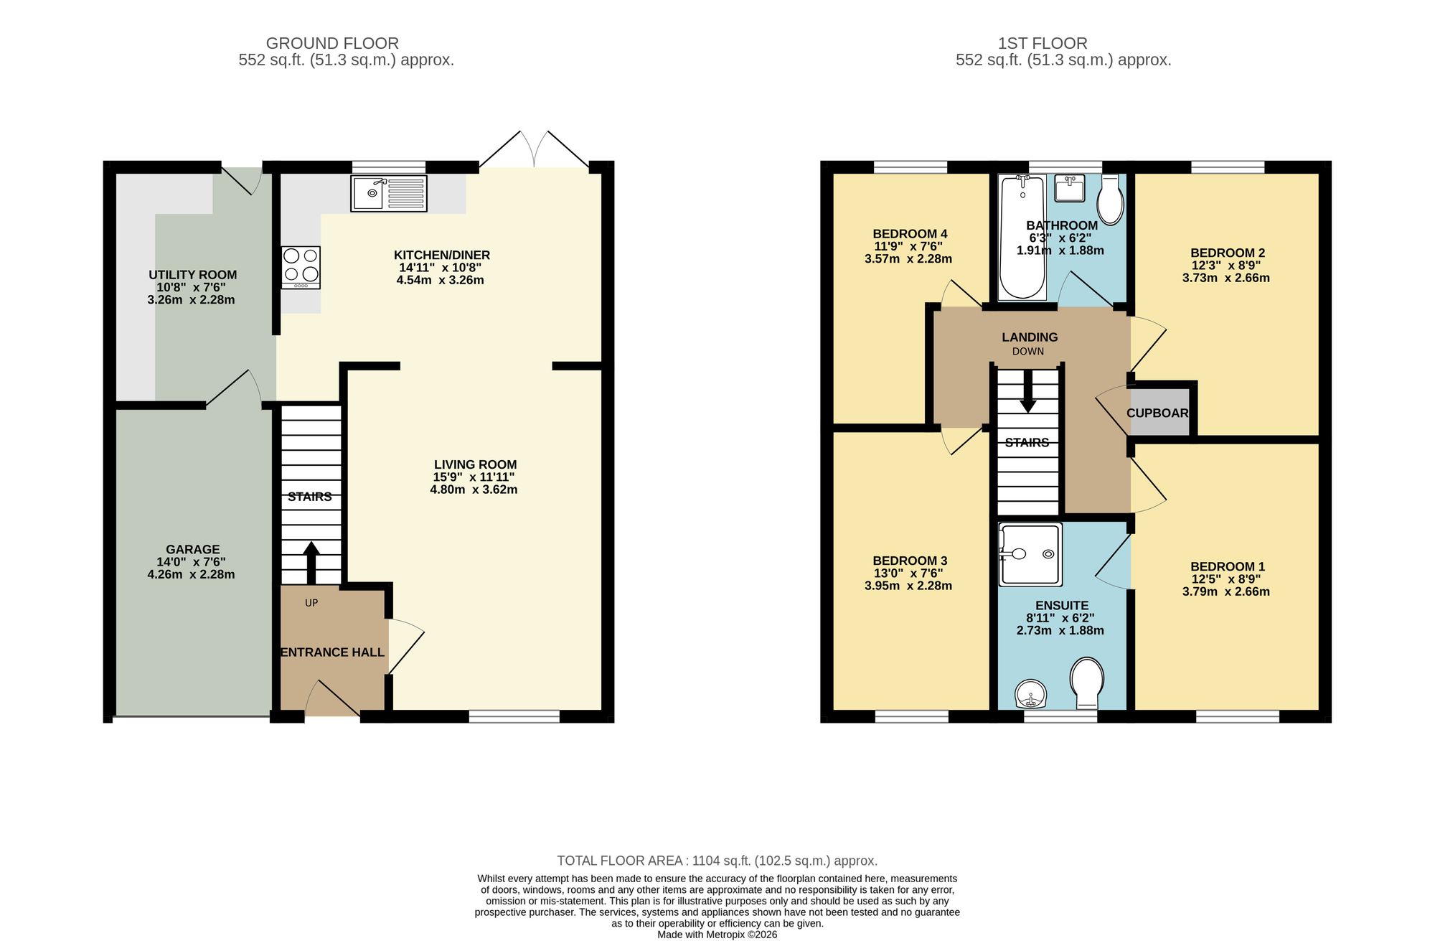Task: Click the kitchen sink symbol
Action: pyautogui.click(x=389, y=193)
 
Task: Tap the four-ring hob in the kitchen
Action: pyautogui.click(x=301, y=266)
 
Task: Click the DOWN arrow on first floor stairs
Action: pyautogui.click(x=1028, y=392)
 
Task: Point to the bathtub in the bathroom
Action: pyautogui.click(x=1022, y=237)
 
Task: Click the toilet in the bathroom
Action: pyautogui.click(x=1111, y=200)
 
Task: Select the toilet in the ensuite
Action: pyautogui.click(x=1086, y=682)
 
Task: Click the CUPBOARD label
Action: pyautogui.click(x=1157, y=413)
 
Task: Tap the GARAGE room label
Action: pyautogui.click(x=192, y=549)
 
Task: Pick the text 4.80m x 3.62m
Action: pyautogui.click(x=474, y=490)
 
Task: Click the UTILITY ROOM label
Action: pyautogui.click(x=192, y=274)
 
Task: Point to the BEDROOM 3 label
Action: pyautogui.click(x=909, y=561)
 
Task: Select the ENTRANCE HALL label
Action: pyautogui.click(x=332, y=652)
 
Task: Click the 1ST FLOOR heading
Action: pyautogui.click(x=1042, y=43)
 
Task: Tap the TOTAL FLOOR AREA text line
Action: pyautogui.click(x=717, y=860)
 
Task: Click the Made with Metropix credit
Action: pyautogui.click(x=717, y=935)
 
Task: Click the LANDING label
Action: pyautogui.click(x=1029, y=337)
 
